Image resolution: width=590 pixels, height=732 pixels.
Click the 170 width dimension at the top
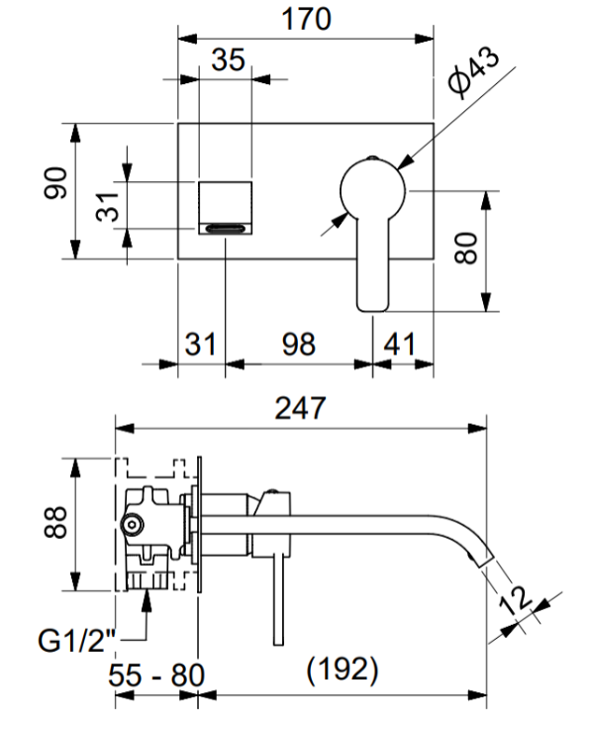coord(307,19)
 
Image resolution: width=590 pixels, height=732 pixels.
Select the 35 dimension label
coord(228,59)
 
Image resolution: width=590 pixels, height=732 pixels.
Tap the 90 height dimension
coord(55,182)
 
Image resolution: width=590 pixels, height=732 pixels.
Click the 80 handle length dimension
coord(466,249)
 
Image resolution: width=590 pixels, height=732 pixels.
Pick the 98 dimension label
coord(299,345)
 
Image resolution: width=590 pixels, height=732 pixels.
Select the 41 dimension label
coord(399,345)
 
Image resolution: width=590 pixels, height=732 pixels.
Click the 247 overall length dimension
coord(300,408)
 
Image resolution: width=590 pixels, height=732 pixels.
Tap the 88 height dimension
coord(55,521)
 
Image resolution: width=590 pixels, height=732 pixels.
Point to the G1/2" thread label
coord(76,641)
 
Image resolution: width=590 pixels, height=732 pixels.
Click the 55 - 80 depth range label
coord(156,675)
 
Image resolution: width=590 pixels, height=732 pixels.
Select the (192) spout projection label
coord(343,670)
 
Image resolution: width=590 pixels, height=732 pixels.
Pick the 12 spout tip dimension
coord(515,599)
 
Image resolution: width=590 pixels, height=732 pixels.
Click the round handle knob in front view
coord(372,190)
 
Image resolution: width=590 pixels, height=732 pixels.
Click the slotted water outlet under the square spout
coord(226,228)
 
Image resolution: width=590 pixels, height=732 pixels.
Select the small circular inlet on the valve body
coord(133,525)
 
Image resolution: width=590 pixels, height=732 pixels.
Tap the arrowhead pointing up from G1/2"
coord(147,600)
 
